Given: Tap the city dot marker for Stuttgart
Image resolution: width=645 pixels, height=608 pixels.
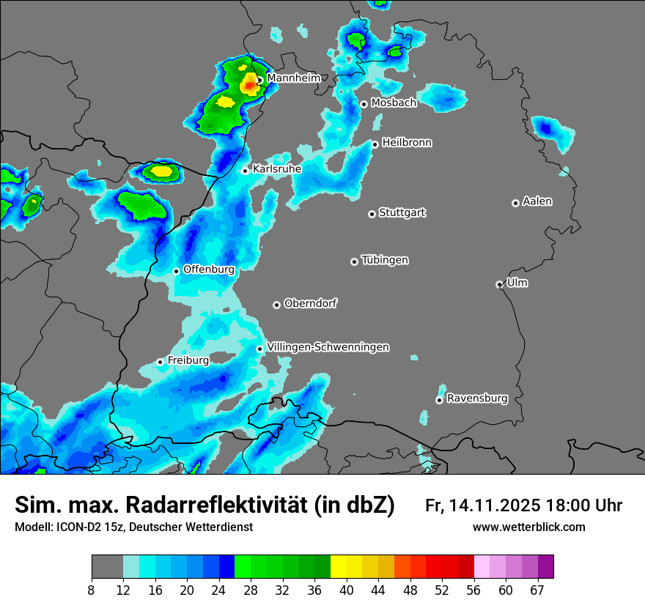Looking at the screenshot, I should [x=372, y=214].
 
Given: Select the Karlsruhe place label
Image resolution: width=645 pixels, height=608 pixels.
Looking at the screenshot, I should [x=277, y=169].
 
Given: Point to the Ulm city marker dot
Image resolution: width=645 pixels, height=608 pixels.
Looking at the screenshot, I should [x=499, y=284].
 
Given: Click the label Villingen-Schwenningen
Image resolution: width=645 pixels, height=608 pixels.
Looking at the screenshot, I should [x=328, y=347].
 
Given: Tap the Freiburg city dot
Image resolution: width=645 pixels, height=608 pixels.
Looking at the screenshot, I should [x=160, y=362].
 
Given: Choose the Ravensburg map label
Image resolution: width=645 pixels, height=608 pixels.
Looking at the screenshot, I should [x=477, y=398].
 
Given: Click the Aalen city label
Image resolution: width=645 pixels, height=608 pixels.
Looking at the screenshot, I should [x=537, y=201].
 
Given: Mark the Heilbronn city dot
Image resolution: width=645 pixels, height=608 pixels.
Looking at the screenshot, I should [x=375, y=144].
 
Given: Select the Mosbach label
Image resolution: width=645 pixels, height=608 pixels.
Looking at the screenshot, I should [x=394, y=103].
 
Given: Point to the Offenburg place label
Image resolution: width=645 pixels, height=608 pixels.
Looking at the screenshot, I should [x=209, y=270].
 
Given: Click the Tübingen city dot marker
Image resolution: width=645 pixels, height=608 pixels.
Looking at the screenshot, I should [x=354, y=262].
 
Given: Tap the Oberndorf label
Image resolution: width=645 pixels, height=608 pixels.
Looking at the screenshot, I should [x=311, y=303].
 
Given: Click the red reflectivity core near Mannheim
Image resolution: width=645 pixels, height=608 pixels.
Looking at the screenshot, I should [x=249, y=86].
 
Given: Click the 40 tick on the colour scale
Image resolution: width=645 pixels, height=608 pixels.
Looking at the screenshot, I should [x=347, y=590].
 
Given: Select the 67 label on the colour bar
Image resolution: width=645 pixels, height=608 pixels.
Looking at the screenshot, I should [x=537, y=590].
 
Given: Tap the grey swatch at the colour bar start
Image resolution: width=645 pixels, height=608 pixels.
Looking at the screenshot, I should [x=107, y=567].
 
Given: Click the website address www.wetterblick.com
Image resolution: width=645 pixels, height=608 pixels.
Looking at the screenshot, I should [x=528, y=527].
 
